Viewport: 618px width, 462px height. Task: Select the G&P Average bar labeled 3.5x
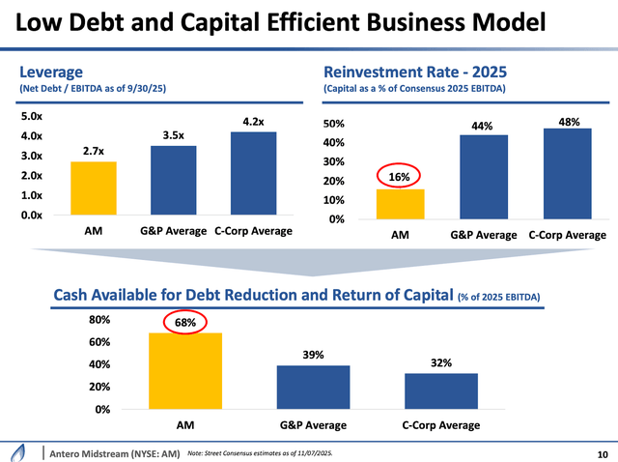click(173, 180)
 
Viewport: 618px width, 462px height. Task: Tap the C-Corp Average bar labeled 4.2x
click(253, 173)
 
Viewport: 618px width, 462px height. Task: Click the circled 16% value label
click(399, 177)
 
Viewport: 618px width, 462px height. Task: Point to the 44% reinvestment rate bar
click(482, 177)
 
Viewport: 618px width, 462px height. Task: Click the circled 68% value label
click(185, 322)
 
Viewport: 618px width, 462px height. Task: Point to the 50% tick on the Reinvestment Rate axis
click(333, 125)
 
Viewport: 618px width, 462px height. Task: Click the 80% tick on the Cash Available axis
click(99, 320)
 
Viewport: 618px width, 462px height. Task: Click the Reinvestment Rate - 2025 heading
click(415, 72)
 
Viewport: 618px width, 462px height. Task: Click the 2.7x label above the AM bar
click(94, 151)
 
